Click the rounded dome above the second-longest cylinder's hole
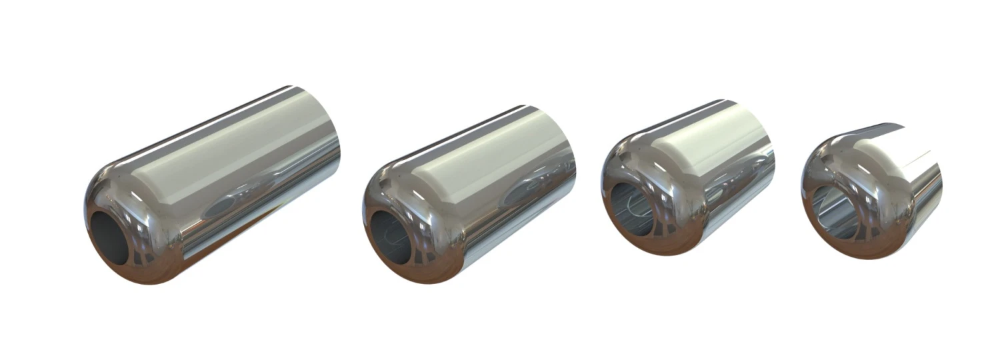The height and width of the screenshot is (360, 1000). click(393, 187)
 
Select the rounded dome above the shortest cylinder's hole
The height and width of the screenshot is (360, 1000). click(833, 160)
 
